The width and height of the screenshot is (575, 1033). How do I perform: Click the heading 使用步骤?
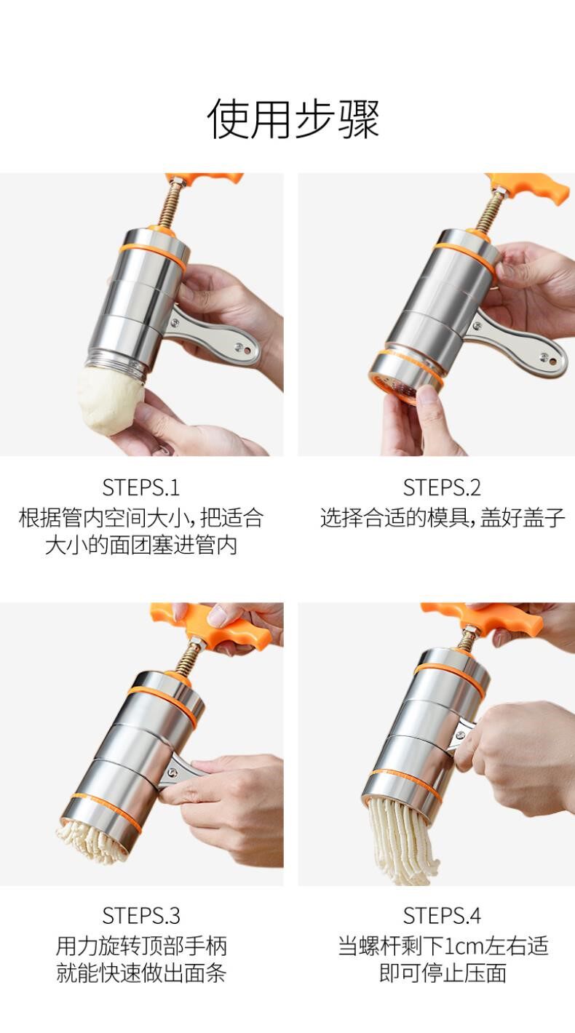click(x=293, y=118)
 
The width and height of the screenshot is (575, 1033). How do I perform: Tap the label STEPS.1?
click(x=140, y=487)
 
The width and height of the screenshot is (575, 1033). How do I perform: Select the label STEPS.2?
click(x=442, y=487)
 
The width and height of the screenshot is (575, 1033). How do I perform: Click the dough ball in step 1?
click(x=110, y=399)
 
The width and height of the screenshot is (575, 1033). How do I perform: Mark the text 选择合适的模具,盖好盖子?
click(x=443, y=518)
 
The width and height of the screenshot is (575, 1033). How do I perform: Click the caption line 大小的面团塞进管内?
click(x=140, y=546)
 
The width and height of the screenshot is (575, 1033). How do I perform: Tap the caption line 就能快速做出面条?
click(x=140, y=973)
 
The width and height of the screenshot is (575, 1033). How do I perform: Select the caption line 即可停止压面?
click(x=443, y=973)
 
